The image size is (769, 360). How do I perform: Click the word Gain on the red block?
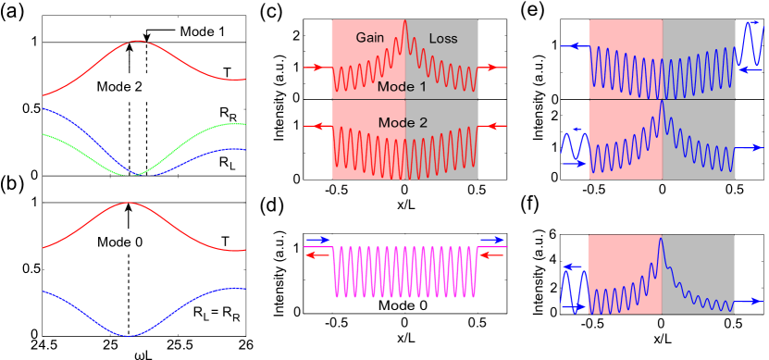point(370,38)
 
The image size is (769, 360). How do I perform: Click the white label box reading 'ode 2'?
point(143,86)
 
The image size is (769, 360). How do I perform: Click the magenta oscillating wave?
point(404,271)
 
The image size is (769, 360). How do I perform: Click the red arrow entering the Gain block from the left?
point(315,68)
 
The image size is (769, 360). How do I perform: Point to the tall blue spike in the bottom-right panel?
point(661,242)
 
